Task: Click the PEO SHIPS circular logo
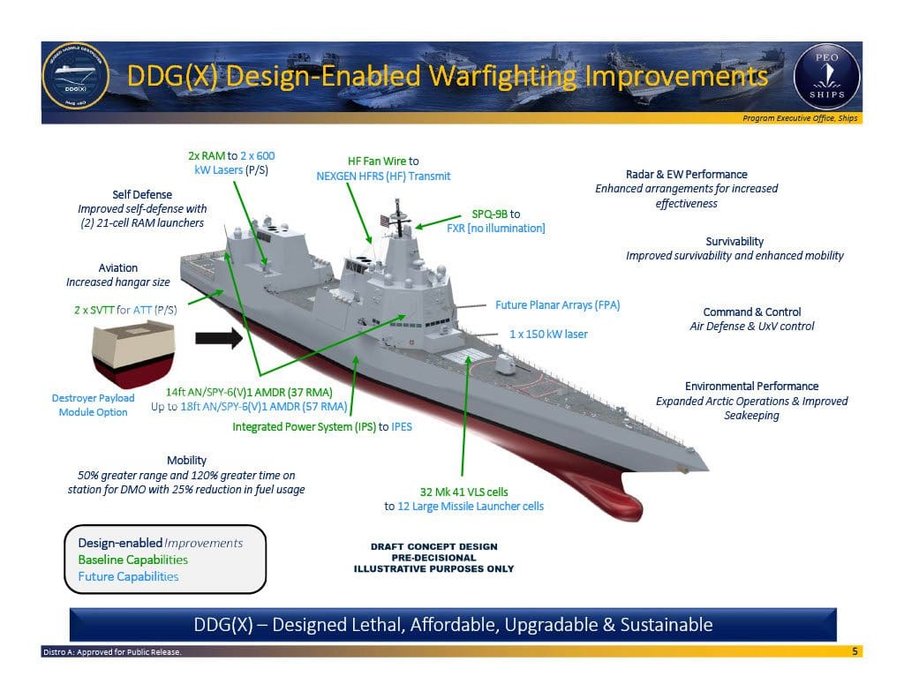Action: tap(826, 77)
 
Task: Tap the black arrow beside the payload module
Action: tap(218, 337)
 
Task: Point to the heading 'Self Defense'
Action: tap(142, 194)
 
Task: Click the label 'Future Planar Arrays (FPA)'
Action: tap(557, 305)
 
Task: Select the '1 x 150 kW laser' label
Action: tap(548, 334)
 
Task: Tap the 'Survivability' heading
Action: tap(734, 241)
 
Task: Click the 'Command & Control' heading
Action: tap(751, 312)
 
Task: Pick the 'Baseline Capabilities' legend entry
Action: tap(132, 560)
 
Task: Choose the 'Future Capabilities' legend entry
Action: tap(128, 576)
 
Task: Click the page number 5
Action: tap(855, 651)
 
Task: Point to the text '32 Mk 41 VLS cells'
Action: tap(463, 492)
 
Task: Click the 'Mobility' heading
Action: tap(186, 460)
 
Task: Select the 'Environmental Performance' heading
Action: tap(751, 386)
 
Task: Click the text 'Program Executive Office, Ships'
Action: tap(800, 118)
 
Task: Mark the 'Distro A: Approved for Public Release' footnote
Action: tap(112, 652)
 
